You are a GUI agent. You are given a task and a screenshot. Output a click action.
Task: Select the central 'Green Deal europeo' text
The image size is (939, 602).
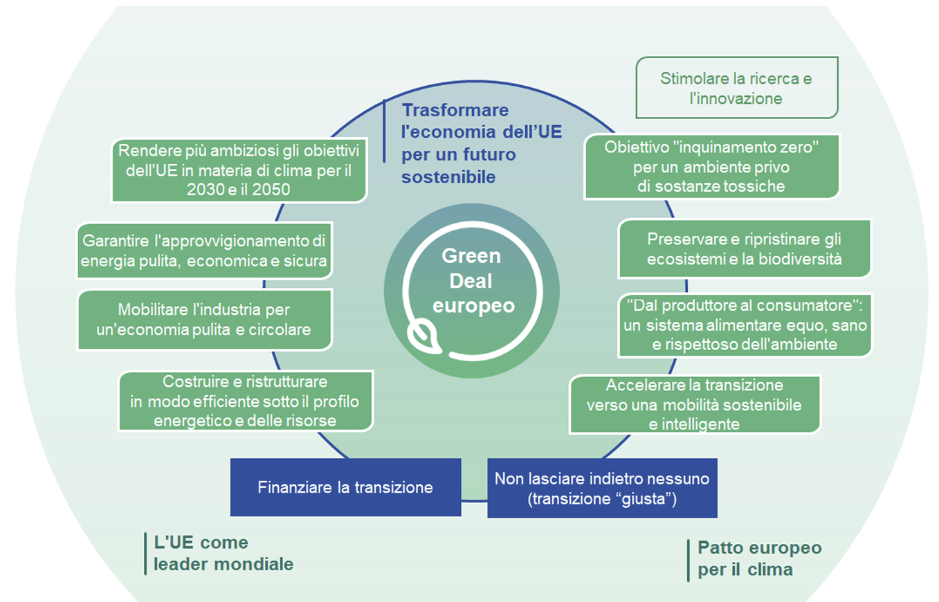click(x=472, y=281)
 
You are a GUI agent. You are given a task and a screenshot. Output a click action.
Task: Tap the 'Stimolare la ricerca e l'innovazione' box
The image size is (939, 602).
click(x=736, y=88)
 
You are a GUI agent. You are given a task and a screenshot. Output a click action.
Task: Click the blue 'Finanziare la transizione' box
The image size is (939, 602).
click(x=345, y=487)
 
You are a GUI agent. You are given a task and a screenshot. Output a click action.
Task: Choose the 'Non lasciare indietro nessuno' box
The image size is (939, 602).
click(x=601, y=488)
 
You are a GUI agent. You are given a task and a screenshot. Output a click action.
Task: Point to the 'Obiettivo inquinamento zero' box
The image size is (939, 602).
click(x=711, y=167)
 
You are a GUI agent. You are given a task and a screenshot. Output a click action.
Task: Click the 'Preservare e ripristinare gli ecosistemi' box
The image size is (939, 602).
click(x=744, y=249)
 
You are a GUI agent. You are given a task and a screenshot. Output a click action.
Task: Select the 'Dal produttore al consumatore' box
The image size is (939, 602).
click(x=745, y=325)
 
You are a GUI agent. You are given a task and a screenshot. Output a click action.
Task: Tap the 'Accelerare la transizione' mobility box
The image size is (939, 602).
click(x=694, y=404)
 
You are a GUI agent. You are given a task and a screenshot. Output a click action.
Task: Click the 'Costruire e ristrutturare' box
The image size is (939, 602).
click(x=246, y=401)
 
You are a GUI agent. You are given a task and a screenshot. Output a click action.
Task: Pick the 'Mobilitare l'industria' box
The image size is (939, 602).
click(x=204, y=319)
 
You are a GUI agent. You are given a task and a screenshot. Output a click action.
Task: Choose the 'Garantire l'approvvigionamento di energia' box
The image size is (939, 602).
click(x=203, y=250)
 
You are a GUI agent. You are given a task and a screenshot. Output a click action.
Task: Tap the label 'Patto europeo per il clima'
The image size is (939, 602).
click(x=759, y=559)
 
